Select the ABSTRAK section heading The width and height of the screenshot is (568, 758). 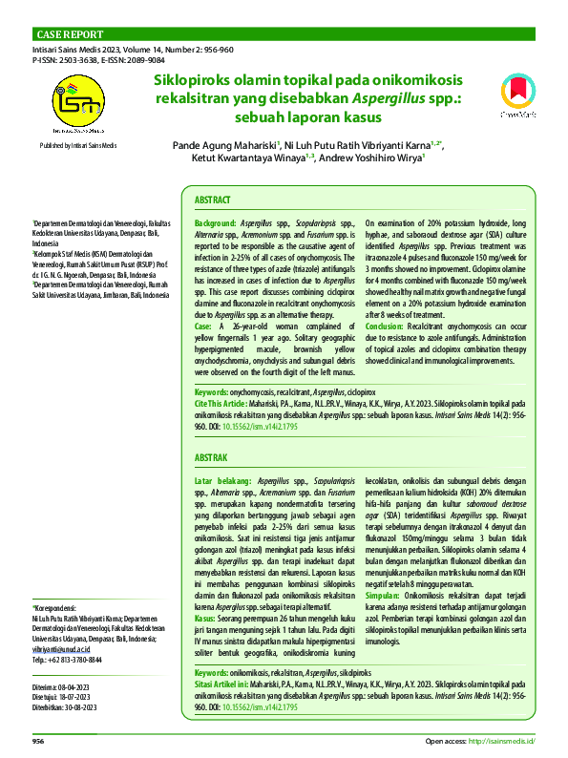click(211, 458)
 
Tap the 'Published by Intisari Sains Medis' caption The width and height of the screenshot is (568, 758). click(77, 144)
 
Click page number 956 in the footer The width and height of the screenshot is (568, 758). click(38, 741)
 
